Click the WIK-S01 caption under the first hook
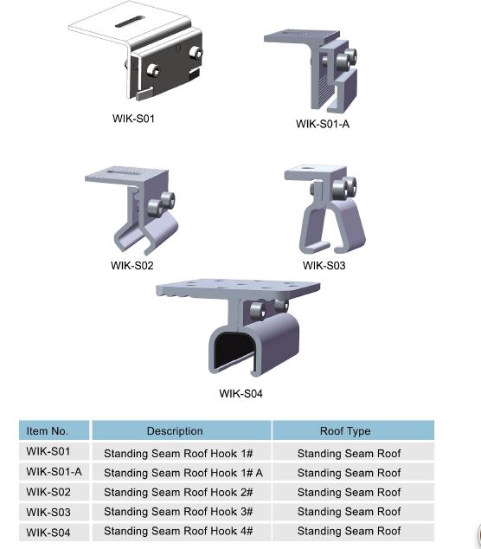coord(133,119)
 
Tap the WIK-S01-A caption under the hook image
coord(323,124)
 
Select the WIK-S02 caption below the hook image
coord(132,266)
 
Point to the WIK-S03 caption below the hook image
coord(324,266)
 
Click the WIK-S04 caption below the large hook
coord(240,393)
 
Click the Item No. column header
coord(48,430)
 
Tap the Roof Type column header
coord(345,430)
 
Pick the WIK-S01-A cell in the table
coord(54,472)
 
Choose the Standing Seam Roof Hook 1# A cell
coord(183,473)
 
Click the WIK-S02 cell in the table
coord(48,492)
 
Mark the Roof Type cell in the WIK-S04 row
coord(349,532)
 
